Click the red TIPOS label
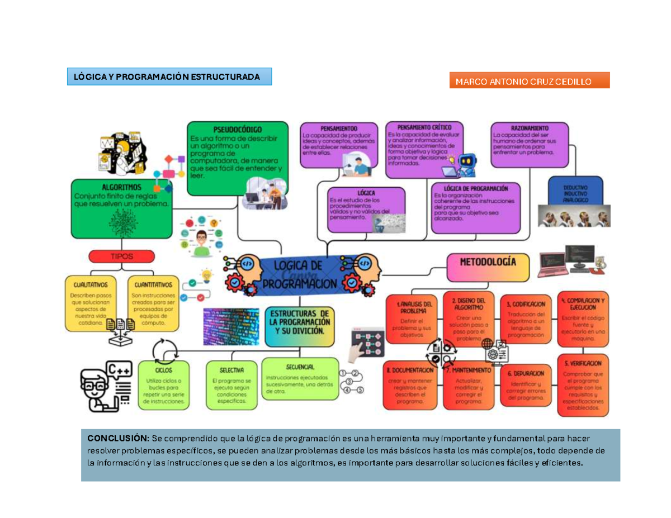pos(121,256)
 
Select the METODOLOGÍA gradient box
pos(488,267)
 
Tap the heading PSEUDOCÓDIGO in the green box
pos(237,130)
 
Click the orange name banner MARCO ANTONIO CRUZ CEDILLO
pos(529,80)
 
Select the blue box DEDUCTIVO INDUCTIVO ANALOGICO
pos(575,192)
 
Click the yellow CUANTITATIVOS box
pos(153,302)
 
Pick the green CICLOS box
pos(164,386)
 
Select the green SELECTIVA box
pos(231,386)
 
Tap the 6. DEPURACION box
pos(525,386)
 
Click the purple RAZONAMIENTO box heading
pos(529,128)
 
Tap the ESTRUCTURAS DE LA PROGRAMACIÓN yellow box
pos(299,324)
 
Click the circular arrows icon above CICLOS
pos(165,351)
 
